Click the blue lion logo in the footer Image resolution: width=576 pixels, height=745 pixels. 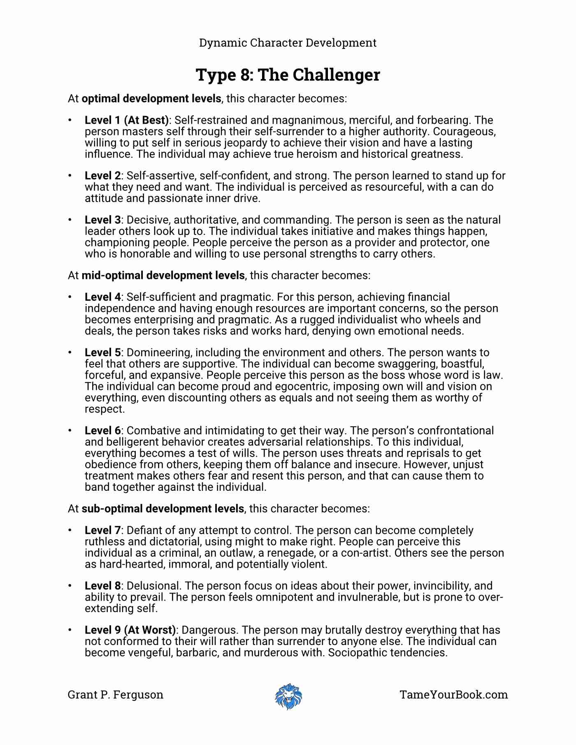pyautogui.click(x=288, y=696)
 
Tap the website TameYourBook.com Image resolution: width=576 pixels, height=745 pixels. pyautogui.click(x=453, y=695)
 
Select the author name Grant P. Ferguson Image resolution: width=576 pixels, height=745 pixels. pyautogui.click(x=115, y=695)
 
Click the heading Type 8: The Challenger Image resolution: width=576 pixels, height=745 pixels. pyautogui.click(x=288, y=75)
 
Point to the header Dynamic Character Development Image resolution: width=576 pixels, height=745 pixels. pyautogui.click(x=288, y=43)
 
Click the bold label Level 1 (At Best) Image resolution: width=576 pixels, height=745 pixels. pyautogui.click(x=127, y=120)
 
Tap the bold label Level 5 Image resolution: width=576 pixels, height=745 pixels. pyautogui.click(x=103, y=353)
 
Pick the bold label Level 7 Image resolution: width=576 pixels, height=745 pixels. pyautogui.click(x=103, y=530)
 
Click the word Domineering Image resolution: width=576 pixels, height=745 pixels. pyautogui.click(x=158, y=353)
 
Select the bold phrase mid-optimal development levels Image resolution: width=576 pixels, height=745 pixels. pyautogui.click(x=163, y=275)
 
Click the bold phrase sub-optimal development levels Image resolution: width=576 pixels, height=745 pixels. pyautogui.click(x=163, y=508)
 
